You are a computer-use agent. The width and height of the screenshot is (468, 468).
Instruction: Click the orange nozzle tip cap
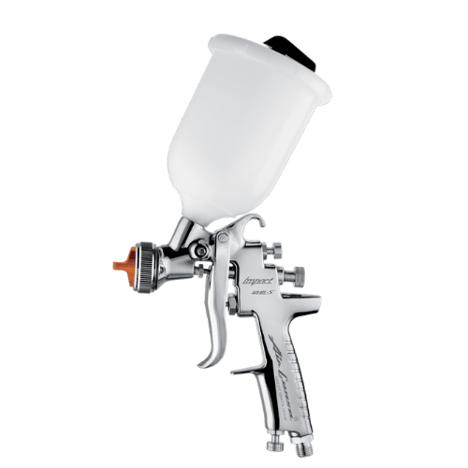point(119,266)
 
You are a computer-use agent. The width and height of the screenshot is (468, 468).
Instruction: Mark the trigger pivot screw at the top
point(225,240)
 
